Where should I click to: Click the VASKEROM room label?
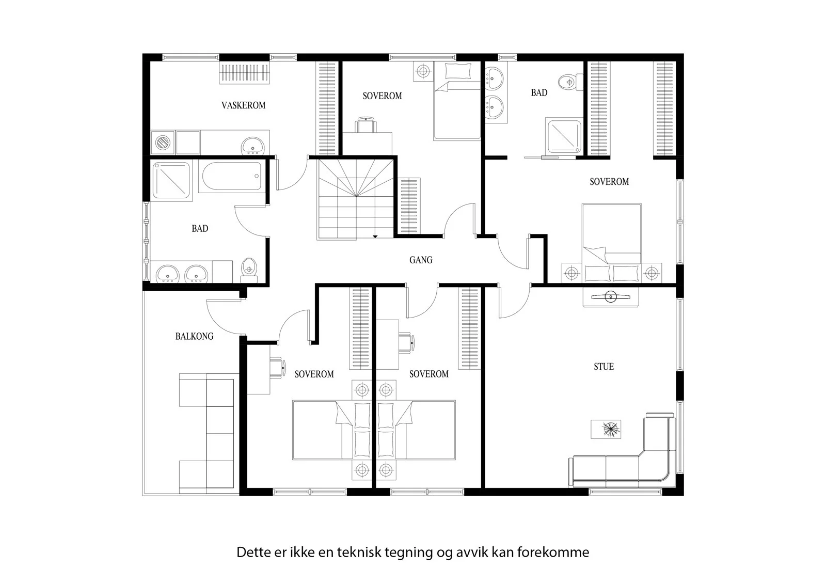(x=243, y=105)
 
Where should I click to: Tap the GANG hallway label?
(x=421, y=260)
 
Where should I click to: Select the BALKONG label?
(x=194, y=337)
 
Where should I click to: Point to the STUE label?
(x=603, y=367)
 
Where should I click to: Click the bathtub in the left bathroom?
(x=232, y=176)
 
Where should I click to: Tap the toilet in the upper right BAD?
(x=570, y=82)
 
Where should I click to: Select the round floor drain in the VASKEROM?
(x=163, y=143)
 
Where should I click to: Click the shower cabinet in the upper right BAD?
(x=563, y=135)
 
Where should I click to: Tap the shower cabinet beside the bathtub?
(x=171, y=180)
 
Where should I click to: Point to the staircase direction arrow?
(x=375, y=236)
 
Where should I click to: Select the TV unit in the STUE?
(x=610, y=297)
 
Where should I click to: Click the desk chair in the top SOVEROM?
(x=366, y=124)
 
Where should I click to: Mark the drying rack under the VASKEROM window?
(x=244, y=72)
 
